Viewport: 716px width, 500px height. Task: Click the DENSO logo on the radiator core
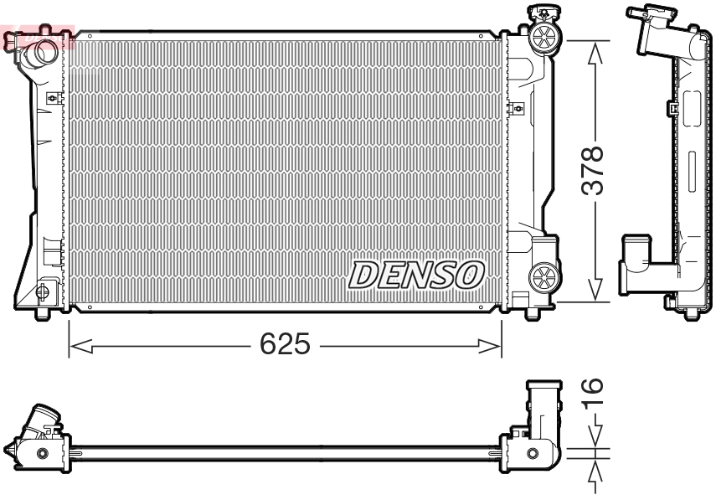[x=416, y=274]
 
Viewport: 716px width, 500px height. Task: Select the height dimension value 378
[x=593, y=171]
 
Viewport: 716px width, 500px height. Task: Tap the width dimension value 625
[x=284, y=344]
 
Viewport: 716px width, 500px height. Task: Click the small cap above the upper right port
[x=543, y=12]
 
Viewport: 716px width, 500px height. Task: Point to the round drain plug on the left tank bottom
[x=42, y=291]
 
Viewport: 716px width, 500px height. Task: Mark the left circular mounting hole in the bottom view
[x=42, y=453]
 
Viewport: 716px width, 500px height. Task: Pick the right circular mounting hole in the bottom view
[x=532, y=454]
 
